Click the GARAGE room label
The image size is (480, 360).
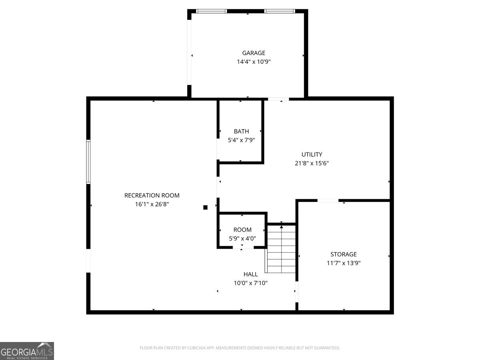[x=254, y=53]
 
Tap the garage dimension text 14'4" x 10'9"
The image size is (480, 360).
[x=254, y=62]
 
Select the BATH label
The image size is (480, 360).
[x=241, y=131]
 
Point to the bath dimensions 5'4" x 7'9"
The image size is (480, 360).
[x=241, y=140]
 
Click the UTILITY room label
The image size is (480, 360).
[x=312, y=154]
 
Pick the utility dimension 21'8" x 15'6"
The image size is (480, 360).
[x=312, y=163]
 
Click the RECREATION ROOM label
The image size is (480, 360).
[x=152, y=196]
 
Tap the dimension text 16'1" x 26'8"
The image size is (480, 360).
[x=152, y=204]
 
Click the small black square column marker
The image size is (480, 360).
[x=205, y=207]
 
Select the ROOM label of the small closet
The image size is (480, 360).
[x=242, y=230]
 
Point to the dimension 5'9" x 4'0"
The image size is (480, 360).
[x=242, y=238]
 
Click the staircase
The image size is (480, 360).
[x=282, y=250]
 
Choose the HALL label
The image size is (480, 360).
[x=251, y=274]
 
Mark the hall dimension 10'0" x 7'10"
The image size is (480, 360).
[x=251, y=283]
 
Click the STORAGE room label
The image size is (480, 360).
[x=343, y=254]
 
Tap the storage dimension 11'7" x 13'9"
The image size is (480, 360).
[x=343, y=263]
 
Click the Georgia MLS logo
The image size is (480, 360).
[x=27, y=350]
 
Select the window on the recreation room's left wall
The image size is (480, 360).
[x=88, y=162]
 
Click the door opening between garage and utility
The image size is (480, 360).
[x=278, y=99]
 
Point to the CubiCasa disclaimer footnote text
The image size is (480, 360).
[x=240, y=348]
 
